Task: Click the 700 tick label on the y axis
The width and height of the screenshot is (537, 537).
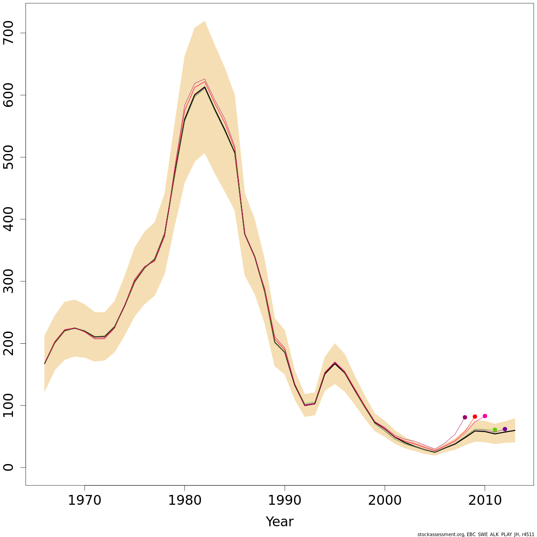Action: (x=8, y=33)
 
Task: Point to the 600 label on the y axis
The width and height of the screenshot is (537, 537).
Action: (x=8, y=95)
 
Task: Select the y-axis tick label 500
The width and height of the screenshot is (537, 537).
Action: (x=8, y=157)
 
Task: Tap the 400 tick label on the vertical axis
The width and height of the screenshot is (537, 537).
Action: (x=8, y=219)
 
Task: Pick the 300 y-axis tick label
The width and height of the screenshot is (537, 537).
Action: (x=8, y=281)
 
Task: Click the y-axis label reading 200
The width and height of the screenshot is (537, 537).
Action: (x=8, y=343)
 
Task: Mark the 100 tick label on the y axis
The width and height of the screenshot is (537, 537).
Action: (x=8, y=405)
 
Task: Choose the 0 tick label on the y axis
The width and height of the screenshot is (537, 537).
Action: (x=8, y=468)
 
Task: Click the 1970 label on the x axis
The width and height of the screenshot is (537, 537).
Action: (x=85, y=500)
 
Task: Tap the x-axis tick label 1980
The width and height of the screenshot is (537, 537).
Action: (x=184, y=500)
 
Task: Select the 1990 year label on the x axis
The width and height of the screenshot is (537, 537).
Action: (x=285, y=500)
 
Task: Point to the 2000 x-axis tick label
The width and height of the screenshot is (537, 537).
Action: (x=384, y=500)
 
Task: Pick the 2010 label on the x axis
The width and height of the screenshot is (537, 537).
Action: (x=485, y=500)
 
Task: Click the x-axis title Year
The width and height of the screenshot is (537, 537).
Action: (x=280, y=522)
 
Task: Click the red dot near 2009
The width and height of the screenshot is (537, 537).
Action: (x=475, y=417)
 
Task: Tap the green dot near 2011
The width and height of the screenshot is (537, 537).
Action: (x=495, y=430)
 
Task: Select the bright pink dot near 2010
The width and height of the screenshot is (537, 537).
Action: (x=485, y=416)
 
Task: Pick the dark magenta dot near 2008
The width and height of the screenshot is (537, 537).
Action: (x=465, y=417)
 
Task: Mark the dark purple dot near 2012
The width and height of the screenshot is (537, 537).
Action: (x=505, y=429)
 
